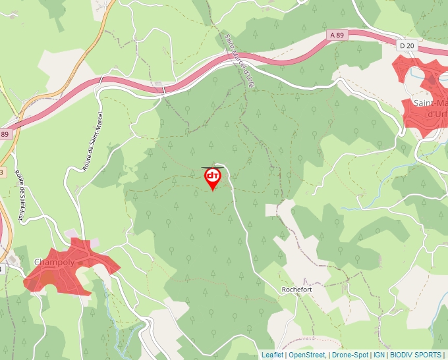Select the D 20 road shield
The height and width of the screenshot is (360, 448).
coord(406,45)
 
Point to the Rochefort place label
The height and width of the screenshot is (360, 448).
coord(296,290)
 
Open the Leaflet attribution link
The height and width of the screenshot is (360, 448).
coord(273,355)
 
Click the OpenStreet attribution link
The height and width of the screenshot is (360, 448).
coord(307,355)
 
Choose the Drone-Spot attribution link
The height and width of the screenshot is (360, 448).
coord(350,355)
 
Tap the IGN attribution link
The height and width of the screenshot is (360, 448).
coord(379,355)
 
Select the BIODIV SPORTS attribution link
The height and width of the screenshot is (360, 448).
coord(416,355)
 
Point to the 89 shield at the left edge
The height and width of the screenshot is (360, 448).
coord(5,134)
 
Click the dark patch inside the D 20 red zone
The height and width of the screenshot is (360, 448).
coord(432,82)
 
